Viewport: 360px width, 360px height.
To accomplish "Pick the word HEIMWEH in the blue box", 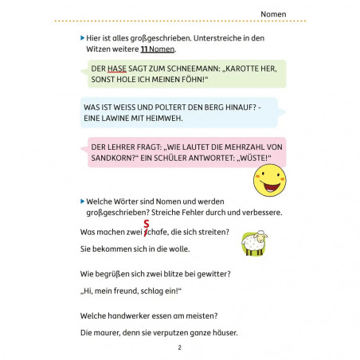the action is click(x=162, y=119).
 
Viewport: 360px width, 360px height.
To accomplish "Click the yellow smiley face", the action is click(x=269, y=182).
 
